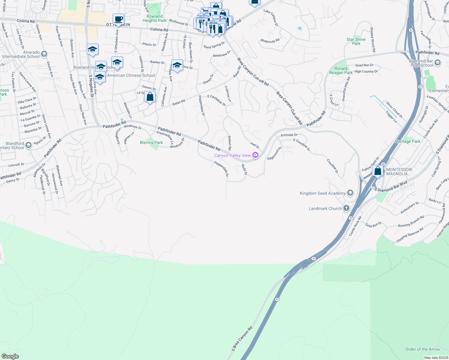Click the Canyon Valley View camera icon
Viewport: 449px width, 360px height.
255,155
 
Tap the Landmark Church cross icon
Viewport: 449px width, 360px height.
346,208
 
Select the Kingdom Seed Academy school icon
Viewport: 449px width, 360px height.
350,193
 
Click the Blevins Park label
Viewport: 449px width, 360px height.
151,142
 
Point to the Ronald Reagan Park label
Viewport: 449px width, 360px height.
341,70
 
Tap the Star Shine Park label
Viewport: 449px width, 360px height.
356,41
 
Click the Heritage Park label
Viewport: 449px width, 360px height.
408,141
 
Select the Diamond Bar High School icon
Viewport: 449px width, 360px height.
438,63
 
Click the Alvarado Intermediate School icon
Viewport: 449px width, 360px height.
44,54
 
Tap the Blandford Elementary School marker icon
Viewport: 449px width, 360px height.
29,145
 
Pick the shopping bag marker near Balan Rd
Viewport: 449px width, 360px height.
150,97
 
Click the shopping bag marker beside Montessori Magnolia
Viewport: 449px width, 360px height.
378,171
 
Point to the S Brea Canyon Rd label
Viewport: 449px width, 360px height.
242,339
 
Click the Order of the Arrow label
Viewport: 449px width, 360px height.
422,349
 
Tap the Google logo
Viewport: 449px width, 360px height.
10,356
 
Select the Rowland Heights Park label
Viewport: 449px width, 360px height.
154,18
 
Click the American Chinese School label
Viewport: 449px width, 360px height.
131,75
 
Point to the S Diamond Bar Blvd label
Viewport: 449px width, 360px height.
391,186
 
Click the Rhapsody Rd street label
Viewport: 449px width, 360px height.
270,41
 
